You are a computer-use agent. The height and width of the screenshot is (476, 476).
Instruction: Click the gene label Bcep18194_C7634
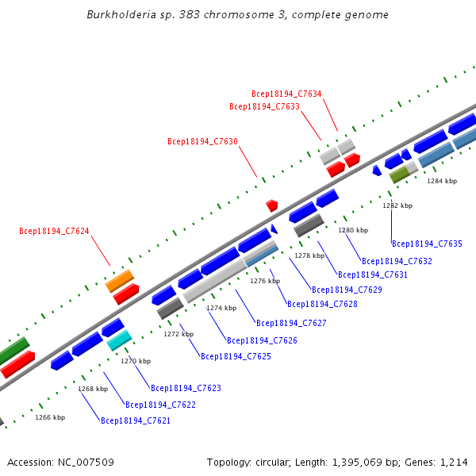click(x=286, y=94)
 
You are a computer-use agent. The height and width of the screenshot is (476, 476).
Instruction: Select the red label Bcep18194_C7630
click(x=202, y=141)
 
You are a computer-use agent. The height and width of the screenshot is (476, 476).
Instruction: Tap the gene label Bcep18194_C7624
click(x=54, y=231)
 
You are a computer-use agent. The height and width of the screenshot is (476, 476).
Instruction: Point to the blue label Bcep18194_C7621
click(x=136, y=420)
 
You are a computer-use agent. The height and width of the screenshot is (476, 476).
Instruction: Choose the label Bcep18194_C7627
click(x=291, y=323)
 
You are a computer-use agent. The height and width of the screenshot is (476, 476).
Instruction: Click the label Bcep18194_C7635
click(x=427, y=244)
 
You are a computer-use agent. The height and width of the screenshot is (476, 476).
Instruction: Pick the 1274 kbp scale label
click(x=221, y=308)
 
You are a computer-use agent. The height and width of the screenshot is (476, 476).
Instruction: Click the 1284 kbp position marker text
click(x=442, y=181)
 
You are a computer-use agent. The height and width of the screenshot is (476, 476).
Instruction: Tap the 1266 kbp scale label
click(x=50, y=417)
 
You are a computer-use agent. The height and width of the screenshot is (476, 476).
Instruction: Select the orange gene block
click(x=120, y=281)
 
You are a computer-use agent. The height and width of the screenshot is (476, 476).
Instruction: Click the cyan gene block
click(x=119, y=340)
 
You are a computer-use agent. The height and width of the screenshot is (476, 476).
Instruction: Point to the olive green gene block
click(x=400, y=175)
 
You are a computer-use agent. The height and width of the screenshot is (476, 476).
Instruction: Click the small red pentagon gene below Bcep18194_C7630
click(x=272, y=205)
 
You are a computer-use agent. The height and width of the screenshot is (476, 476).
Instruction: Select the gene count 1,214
click(x=454, y=463)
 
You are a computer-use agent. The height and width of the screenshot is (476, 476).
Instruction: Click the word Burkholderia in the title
click(x=121, y=14)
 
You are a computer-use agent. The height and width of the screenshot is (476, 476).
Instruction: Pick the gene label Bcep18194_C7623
click(x=186, y=388)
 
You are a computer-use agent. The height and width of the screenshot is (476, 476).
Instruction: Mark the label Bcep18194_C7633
click(x=264, y=106)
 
